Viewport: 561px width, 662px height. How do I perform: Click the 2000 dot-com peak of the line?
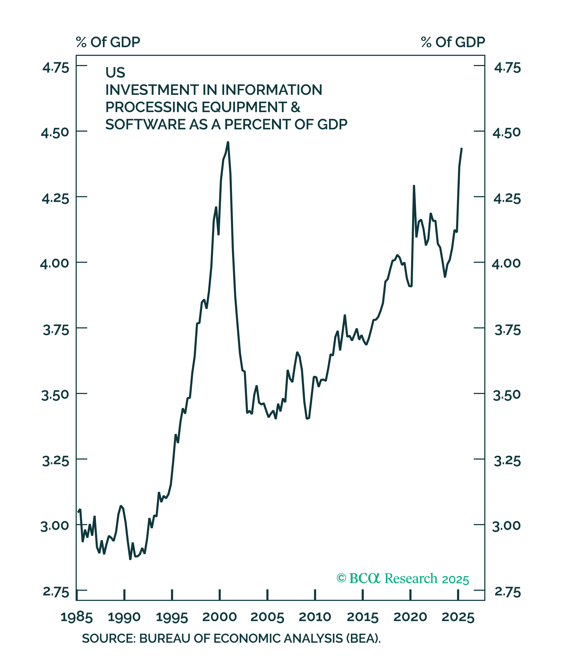tap(228, 142)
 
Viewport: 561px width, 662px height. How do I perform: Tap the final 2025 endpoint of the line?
tap(461, 148)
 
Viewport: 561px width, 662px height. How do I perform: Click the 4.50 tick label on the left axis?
tap(55, 133)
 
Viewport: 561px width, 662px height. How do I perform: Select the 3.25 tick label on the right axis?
tap(507, 461)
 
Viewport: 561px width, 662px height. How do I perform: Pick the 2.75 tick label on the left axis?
tap(56, 592)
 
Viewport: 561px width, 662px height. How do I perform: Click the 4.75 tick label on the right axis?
tap(507, 68)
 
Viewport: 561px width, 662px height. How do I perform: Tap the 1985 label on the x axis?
tap(76, 617)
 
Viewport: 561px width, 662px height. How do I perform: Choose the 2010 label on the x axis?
tap(315, 617)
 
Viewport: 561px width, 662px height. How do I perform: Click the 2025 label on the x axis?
tap(458, 617)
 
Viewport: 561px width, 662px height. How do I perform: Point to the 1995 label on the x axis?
tap(172, 617)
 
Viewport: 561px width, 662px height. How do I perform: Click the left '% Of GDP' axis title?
tap(108, 42)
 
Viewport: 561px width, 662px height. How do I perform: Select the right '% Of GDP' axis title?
tap(453, 42)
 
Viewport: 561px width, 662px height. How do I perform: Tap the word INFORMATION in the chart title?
tap(272, 90)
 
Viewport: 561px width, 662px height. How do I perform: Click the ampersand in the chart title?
tap(296, 107)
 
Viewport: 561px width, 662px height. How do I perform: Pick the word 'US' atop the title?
tap(115, 73)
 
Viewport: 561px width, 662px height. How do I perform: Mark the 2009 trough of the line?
tap(307, 419)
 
